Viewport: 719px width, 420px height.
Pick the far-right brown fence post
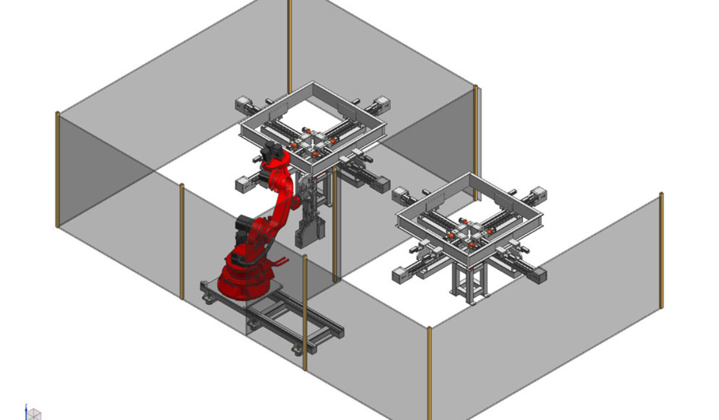click(661, 250)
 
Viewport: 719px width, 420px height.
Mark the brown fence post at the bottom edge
click(429, 372)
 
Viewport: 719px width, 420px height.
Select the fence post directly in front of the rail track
click(305, 312)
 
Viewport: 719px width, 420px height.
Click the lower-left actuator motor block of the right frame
click(400, 275)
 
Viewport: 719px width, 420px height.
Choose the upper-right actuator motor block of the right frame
click(538, 193)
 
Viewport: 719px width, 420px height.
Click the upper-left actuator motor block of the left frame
click(242, 102)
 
